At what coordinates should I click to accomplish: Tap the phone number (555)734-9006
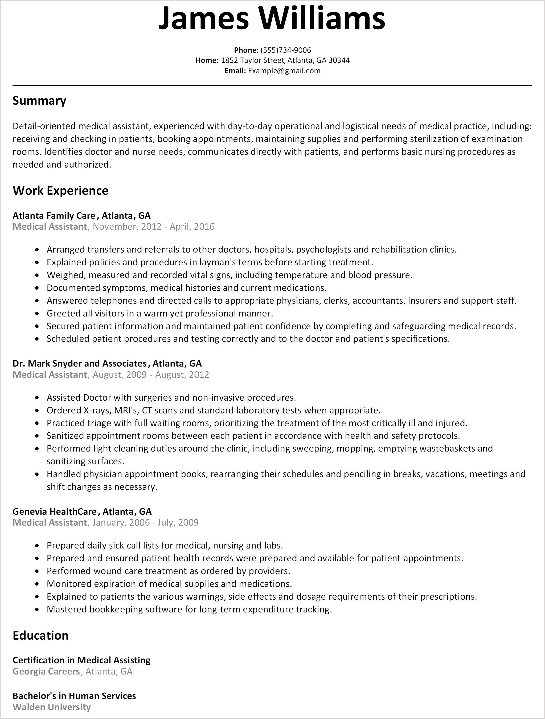(285, 50)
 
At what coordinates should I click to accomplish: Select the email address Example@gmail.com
(284, 71)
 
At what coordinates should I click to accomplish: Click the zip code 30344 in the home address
(339, 60)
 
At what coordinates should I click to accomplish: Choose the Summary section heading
(39, 101)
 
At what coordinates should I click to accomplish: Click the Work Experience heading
(60, 190)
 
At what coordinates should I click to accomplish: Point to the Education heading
(40, 635)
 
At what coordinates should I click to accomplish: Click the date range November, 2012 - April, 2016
(154, 226)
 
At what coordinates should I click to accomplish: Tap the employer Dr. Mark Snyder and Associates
(80, 363)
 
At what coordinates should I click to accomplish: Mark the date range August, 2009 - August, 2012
(151, 375)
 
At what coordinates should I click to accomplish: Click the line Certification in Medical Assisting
(81, 660)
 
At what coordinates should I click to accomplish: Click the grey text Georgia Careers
(46, 672)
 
